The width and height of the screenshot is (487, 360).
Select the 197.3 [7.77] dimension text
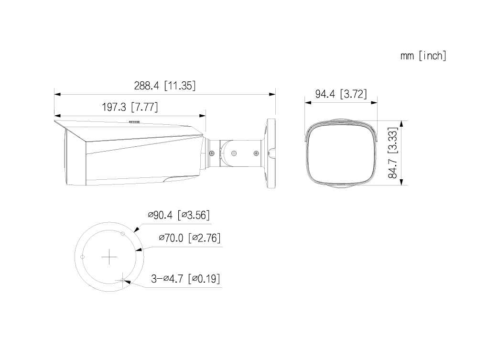[x=130, y=107]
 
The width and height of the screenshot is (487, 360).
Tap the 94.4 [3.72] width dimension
[x=341, y=94]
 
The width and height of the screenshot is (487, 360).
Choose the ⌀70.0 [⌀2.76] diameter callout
[x=189, y=238]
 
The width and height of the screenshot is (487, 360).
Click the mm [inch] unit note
[x=423, y=56]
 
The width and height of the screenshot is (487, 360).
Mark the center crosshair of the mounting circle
[x=109, y=258]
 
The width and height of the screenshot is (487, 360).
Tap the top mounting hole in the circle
[x=123, y=234]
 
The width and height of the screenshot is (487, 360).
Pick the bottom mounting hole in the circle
[x=123, y=281]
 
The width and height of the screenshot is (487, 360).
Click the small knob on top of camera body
[x=135, y=122]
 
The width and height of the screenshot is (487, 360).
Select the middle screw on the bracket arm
[x=233, y=153]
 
